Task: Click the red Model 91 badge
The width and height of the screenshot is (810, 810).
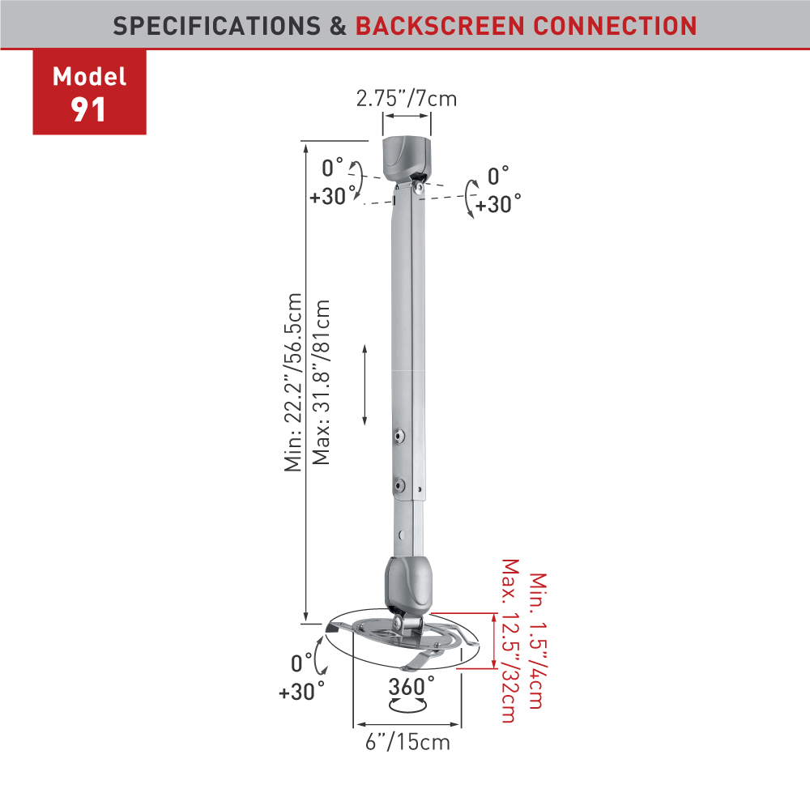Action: coord(89,92)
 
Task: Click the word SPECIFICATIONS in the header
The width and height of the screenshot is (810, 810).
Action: coord(217,27)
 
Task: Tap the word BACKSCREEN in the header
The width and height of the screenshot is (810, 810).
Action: coord(440,27)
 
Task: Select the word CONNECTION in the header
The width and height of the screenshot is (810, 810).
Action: coord(615,27)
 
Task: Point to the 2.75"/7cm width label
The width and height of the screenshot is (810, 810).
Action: coord(407,99)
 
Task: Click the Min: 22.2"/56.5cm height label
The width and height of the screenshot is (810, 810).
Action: coord(293,382)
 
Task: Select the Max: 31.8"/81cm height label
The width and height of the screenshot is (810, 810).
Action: coord(321,382)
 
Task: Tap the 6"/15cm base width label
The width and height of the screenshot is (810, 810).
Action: coord(407,742)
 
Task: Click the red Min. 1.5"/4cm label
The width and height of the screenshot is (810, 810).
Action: coord(538,641)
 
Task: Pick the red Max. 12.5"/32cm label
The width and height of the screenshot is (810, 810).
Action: coord(509,641)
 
